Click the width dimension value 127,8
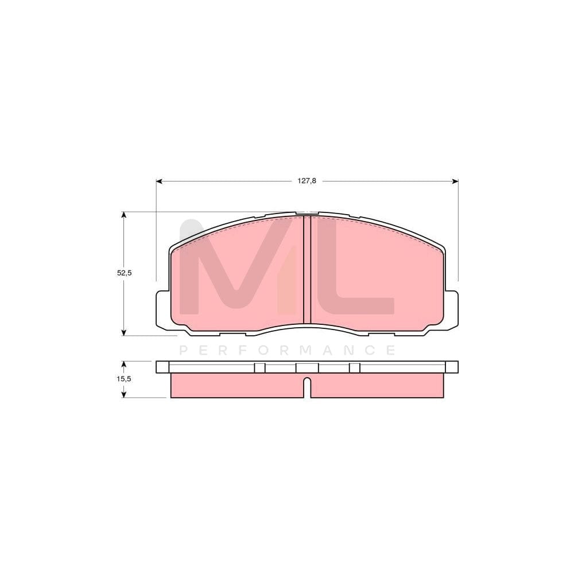[307, 181]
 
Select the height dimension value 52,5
[125, 273]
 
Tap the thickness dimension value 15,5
[125, 379]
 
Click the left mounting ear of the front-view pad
[163, 310]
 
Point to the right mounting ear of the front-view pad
[452, 310]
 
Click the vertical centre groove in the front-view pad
[307, 270]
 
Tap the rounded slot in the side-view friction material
[307, 386]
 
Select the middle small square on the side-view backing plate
[307, 367]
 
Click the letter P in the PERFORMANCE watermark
[184, 350]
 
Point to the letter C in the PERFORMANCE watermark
[370, 350]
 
